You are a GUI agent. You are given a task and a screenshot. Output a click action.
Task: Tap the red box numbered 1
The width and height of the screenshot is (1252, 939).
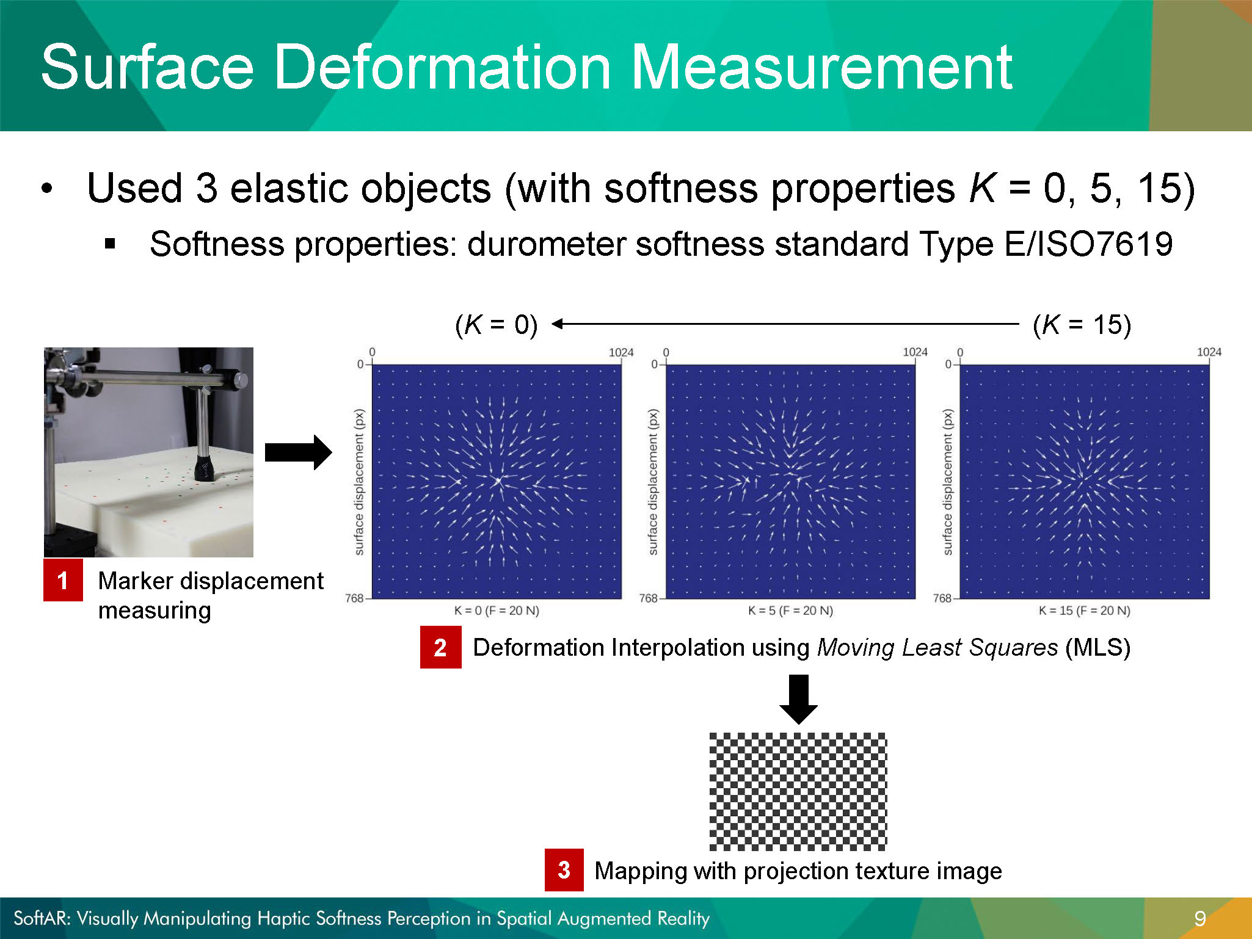click(x=63, y=580)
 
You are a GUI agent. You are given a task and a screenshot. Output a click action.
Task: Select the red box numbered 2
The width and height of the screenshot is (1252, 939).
click(x=440, y=647)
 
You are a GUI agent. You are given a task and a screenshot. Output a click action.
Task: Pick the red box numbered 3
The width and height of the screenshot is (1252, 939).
click(x=564, y=870)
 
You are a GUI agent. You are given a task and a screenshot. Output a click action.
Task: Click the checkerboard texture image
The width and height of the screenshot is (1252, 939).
click(x=798, y=792)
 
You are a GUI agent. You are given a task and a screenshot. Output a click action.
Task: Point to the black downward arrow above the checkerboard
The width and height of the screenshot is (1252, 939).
click(x=798, y=700)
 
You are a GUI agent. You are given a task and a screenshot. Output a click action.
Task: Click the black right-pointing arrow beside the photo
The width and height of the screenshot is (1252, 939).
click(x=298, y=452)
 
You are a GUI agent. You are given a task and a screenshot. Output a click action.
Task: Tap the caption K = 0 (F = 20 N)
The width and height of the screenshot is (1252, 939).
click(x=497, y=611)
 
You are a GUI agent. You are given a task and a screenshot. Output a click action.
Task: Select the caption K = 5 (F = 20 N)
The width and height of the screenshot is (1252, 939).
click(x=790, y=611)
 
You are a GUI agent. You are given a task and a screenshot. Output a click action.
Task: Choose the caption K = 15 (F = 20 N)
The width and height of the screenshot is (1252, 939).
click(x=1085, y=611)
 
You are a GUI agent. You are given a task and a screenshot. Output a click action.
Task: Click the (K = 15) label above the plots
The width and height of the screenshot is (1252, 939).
click(x=1082, y=325)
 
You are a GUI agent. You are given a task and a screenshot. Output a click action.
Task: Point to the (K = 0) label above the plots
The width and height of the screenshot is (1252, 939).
click(x=497, y=325)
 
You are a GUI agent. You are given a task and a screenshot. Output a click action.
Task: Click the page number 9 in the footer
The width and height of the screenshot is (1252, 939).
click(x=1200, y=918)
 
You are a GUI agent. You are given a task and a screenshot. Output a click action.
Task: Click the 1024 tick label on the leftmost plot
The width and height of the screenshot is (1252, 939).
click(x=621, y=352)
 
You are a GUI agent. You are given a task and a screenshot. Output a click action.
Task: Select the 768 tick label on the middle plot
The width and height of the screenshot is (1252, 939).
click(x=648, y=598)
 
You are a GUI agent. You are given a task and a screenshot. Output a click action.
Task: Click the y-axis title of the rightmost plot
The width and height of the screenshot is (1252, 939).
click(x=947, y=482)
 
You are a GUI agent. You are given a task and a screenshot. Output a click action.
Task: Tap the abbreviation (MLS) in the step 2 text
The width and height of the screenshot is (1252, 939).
click(x=1097, y=647)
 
